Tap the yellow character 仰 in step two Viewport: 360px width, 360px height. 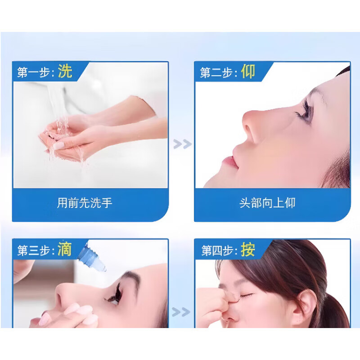click(x=248, y=71)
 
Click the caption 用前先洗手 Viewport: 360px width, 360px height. click(x=85, y=203)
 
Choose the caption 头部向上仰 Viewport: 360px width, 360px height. click(x=267, y=203)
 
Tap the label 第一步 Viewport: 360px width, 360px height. click(x=35, y=72)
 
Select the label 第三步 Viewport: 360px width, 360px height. click(x=35, y=250)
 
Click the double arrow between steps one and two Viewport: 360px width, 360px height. click(x=182, y=144)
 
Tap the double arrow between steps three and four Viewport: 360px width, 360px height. click(x=182, y=311)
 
